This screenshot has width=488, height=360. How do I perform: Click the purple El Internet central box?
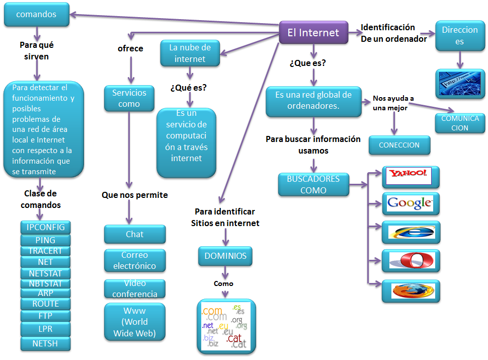(x=313, y=33)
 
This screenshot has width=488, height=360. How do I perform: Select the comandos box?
(x=36, y=15)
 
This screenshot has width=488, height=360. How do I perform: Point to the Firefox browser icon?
(x=411, y=291)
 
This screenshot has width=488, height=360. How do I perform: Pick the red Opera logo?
(x=411, y=261)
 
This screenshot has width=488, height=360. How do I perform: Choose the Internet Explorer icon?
(x=411, y=232)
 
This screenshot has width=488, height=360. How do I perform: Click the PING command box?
(x=46, y=240)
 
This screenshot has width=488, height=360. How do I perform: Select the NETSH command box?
(x=46, y=344)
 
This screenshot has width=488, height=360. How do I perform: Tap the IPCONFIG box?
(x=46, y=227)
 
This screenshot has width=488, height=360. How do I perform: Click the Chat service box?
(x=134, y=234)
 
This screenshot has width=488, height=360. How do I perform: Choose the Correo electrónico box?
(x=134, y=260)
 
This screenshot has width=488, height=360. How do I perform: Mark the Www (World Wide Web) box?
(x=134, y=322)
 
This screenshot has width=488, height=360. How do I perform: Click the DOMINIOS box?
(x=225, y=256)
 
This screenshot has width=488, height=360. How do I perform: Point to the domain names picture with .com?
(x=225, y=326)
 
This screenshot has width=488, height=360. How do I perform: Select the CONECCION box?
(x=399, y=145)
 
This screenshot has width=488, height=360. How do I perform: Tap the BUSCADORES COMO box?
(x=313, y=185)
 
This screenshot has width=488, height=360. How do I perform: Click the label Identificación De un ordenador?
(x=393, y=33)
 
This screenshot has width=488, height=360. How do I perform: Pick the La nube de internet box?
(x=190, y=53)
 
